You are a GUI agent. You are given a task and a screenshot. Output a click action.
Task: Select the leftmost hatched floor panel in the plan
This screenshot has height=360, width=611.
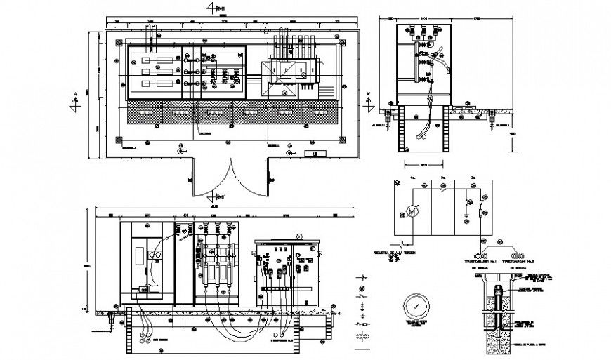click(145, 112)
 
